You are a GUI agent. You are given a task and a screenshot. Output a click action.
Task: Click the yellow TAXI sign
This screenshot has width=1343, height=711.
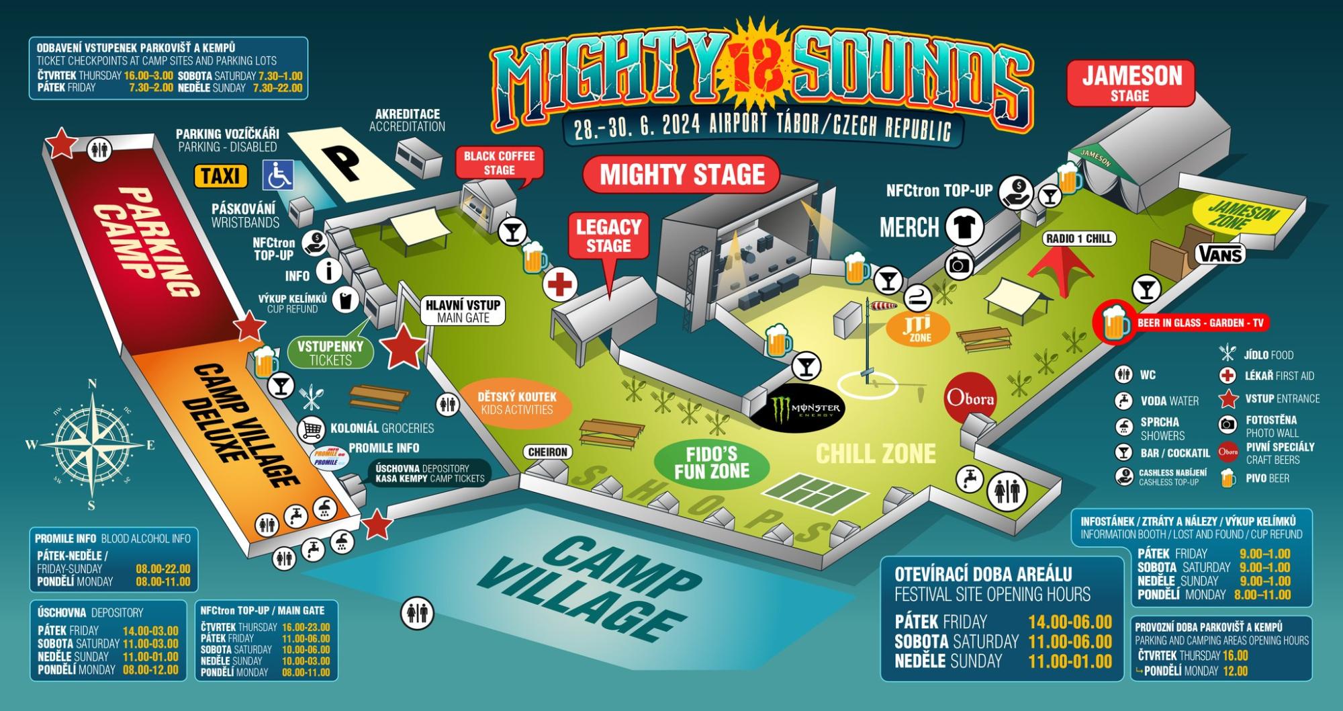coord(220,176)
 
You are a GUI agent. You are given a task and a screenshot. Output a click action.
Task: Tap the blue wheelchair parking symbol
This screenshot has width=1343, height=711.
coord(277,175)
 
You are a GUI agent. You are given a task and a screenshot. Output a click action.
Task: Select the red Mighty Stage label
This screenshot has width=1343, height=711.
coord(682,175)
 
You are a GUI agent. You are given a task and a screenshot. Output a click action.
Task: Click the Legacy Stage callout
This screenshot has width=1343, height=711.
coord(608,235)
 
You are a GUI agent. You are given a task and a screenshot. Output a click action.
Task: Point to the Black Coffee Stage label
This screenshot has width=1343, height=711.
coord(499,163)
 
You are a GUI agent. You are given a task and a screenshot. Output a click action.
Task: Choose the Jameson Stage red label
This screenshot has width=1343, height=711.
coord(1131,83)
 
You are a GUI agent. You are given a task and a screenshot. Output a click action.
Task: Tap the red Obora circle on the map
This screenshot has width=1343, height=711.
coord(970,398)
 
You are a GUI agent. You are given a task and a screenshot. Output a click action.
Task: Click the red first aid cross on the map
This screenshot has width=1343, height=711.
coord(560,284)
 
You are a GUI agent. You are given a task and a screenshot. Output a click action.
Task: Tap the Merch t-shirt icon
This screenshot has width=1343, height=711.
coord(965,226)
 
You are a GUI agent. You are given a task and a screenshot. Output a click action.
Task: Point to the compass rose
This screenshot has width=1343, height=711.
coord(92,444)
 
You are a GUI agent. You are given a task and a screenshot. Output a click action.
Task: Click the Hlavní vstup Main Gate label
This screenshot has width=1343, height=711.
coord(463,310)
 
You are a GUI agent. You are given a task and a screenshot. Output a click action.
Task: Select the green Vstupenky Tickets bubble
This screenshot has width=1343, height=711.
coord(330,353)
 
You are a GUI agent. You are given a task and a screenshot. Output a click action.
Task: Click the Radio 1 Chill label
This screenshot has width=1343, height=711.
coord(1079,238)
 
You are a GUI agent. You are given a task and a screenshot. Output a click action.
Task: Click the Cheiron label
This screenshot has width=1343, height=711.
coord(548,452)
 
